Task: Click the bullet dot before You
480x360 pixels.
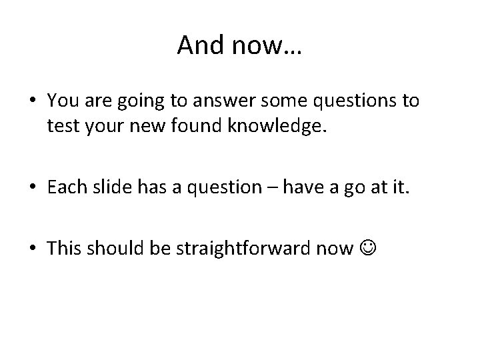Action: pos(33,102)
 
